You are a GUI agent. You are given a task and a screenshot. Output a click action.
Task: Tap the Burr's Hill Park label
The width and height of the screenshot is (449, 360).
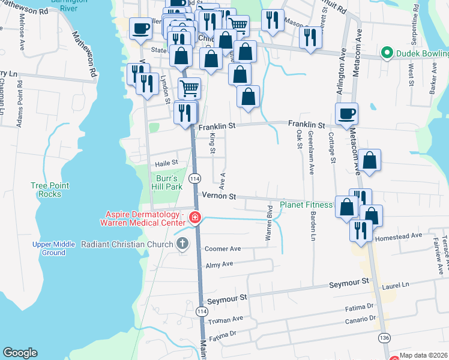165,182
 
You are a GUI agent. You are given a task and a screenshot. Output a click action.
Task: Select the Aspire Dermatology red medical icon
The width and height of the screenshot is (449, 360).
194,217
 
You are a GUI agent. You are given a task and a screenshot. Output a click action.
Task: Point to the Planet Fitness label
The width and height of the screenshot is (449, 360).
306,205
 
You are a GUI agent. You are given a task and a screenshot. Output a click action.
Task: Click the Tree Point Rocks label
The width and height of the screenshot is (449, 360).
46,190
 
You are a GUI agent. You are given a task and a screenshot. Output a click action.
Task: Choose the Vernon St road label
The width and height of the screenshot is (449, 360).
220,196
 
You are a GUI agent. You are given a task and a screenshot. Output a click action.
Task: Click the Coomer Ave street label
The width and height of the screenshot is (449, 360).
223,248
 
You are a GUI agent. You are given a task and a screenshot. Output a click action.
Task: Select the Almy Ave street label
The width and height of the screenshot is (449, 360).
219,265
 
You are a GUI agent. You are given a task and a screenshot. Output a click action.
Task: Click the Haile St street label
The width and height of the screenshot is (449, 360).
167,162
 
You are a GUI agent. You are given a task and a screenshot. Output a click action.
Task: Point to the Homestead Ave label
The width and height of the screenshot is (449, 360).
399,236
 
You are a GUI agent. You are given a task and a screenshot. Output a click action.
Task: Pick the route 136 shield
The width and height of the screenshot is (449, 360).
384,338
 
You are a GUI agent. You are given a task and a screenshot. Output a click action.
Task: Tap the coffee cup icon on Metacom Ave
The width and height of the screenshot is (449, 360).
347,113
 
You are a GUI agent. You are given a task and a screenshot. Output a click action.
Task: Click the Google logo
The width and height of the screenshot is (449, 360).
20,353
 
